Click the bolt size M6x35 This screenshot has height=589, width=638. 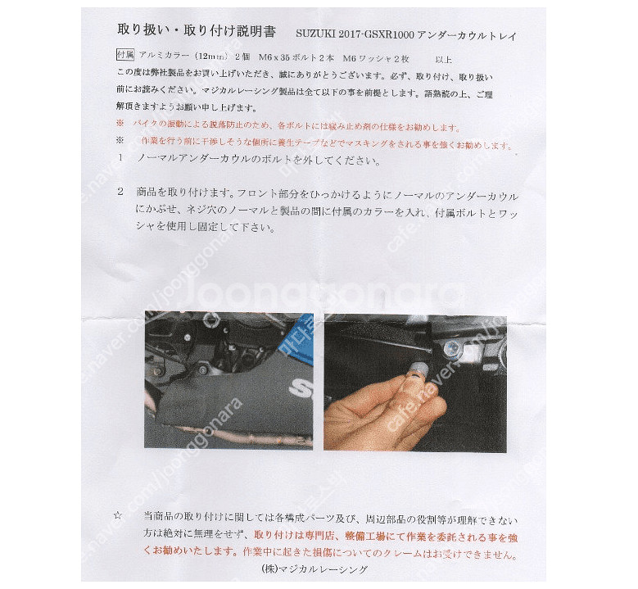(273, 57)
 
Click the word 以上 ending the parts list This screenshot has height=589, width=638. (443, 59)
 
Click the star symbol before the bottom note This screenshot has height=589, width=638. (118, 516)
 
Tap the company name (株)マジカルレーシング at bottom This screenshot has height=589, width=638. (314, 569)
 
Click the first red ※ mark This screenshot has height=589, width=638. (120, 126)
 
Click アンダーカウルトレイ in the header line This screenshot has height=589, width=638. (468, 35)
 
